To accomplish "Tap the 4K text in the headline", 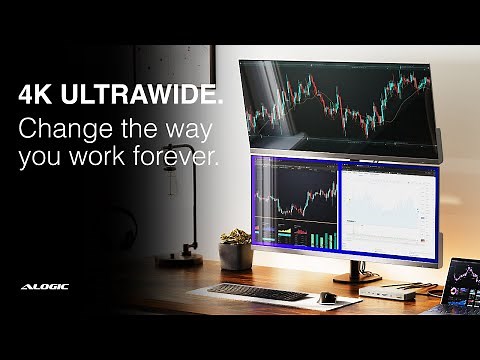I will [x=36, y=96].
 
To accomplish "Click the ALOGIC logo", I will [x=44, y=287].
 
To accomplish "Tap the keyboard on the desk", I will [x=259, y=292].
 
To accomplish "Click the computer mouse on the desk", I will [x=327, y=297].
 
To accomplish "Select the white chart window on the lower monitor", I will [x=389, y=205].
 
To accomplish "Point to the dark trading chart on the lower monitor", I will [x=297, y=195].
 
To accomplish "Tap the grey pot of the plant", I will [x=237, y=256].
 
